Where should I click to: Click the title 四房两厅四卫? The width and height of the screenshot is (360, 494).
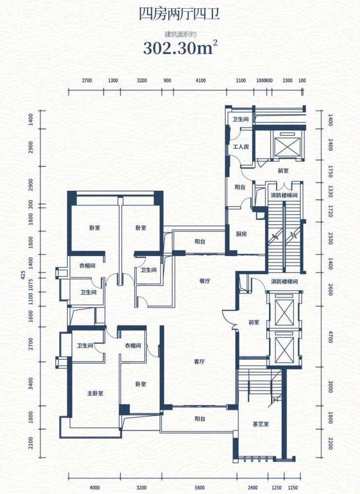point(180,15)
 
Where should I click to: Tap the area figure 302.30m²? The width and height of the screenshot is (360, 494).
point(180,48)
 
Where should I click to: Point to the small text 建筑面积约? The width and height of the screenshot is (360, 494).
point(180,34)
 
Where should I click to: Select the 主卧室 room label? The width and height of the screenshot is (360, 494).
point(95,394)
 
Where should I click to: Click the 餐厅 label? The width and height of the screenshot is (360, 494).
point(205,281)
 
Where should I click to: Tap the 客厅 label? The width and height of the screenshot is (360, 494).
point(199,362)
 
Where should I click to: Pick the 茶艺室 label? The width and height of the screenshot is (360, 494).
point(261,424)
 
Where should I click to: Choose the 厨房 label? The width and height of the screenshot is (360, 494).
point(241,234)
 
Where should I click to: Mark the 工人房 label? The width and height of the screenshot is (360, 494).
point(241,146)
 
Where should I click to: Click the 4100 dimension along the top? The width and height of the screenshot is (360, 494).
point(200,81)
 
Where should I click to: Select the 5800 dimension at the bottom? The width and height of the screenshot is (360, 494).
point(199,488)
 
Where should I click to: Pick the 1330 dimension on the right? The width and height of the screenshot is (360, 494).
point(330,192)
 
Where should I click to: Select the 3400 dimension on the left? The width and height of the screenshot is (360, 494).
point(31,384)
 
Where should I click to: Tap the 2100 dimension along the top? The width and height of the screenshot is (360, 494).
point(241,81)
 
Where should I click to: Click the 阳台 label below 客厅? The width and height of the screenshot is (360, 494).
point(199,419)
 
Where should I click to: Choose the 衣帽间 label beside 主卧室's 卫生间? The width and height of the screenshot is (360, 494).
point(133,346)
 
